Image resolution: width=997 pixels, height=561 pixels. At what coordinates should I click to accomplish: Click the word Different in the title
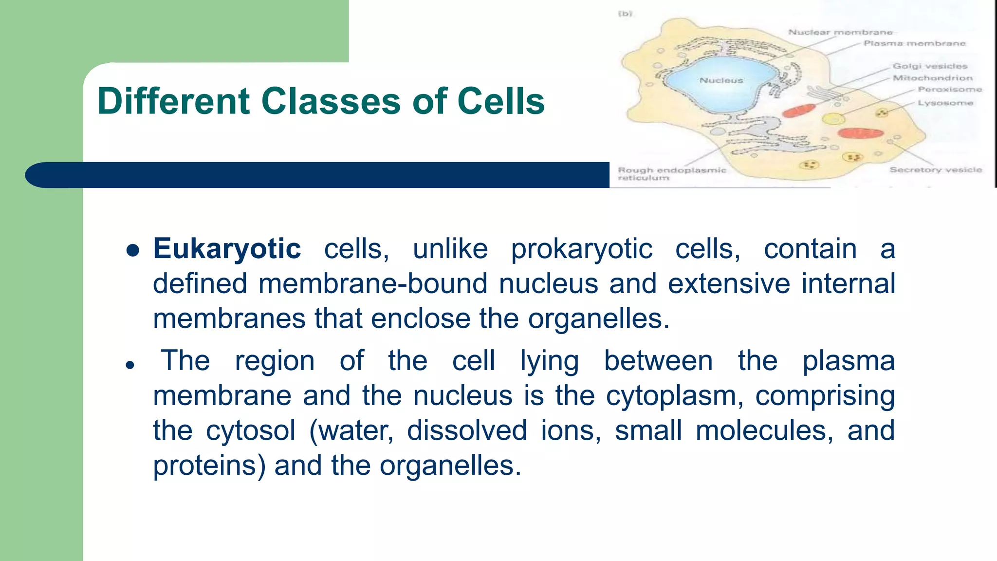pyautogui.click(x=173, y=101)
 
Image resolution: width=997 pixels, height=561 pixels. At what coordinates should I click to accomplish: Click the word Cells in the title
pyautogui.click(x=501, y=101)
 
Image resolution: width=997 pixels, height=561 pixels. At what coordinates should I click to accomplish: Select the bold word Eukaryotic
pyautogui.click(x=227, y=249)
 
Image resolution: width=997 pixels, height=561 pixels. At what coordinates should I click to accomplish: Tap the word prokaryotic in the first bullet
pyautogui.click(x=581, y=249)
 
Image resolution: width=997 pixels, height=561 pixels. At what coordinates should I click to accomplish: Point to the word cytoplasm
pyautogui.click(x=674, y=395)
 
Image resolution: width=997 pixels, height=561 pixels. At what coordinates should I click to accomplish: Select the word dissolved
pyautogui.click(x=467, y=430)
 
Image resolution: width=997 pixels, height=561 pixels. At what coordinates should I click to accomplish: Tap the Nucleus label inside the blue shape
pyautogui.click(x=721, y=80)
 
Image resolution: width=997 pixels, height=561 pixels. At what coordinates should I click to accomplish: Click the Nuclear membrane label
pyautogui.click(x=840, y=32)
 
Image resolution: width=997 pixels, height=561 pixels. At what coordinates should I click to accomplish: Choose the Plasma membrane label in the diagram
pyautogui.click(x=914, y=43)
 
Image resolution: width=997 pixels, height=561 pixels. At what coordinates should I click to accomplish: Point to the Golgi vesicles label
pyautogui.click(x=930, y=66)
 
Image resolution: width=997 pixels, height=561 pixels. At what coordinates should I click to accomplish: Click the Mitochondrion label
pyautogui.click(x=932, y=78)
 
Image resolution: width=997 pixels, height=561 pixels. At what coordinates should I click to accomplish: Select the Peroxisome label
pyautogui.click(x=950, y=90)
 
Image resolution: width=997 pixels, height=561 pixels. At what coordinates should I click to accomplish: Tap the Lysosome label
pyautogui.click(x=945, y=103)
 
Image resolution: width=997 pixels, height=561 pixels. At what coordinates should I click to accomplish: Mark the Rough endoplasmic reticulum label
pyautogui.click(x=671, y=173)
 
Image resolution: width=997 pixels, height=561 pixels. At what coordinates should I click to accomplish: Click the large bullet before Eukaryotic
pyautogui.click(x=132, y=250)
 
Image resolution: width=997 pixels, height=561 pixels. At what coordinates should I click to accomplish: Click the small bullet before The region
pyautogui.click(x=129, y=365)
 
